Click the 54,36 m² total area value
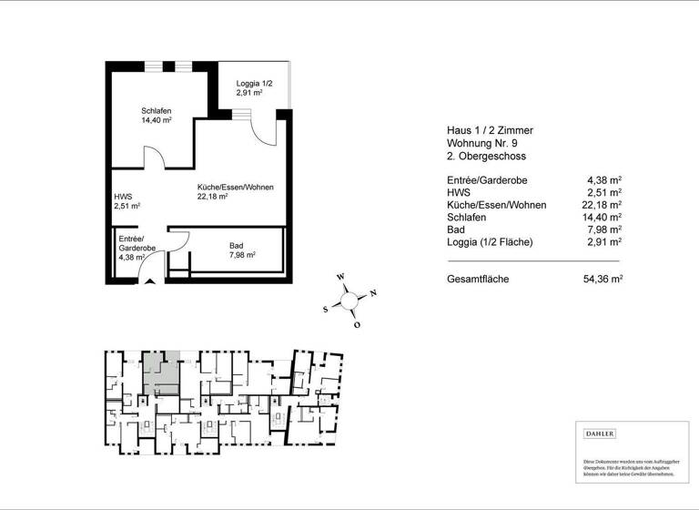[602, 279]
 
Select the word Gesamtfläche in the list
[478, 279]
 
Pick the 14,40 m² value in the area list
[602, 218]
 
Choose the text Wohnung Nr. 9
[484, 144]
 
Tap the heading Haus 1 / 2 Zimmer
[490, 130]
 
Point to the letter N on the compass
[373, 292]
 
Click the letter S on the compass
[325, 309]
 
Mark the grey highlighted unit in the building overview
[163, 372]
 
